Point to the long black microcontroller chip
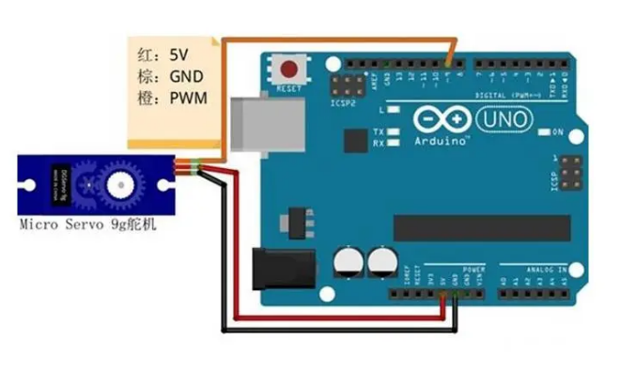481,227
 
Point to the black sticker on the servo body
58,184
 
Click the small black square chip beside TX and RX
355,142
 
